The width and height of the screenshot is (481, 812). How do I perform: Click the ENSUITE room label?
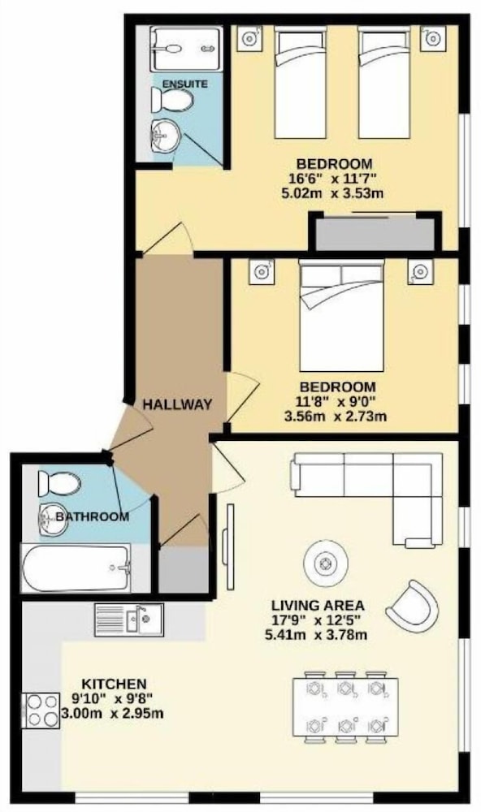point(185,84)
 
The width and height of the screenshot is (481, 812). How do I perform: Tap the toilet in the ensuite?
point(172,99)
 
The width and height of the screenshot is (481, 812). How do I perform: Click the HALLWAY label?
point(178,404)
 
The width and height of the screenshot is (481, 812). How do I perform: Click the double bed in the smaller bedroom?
point(342,316)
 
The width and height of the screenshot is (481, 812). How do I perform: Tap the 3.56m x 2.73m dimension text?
point(336,416)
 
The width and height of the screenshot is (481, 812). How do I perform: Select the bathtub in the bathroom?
point(76,568)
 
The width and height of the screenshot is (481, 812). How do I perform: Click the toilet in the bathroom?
point(59,484)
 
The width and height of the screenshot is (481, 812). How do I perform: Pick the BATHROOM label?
point(93,516)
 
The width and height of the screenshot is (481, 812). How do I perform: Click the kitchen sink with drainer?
point(128,620)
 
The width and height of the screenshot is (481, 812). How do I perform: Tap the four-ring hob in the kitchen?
point(41,710)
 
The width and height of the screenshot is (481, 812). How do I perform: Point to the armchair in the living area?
point(413,605)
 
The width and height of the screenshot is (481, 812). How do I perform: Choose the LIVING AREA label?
point(318,605)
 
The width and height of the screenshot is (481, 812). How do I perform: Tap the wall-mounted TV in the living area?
point(228,546)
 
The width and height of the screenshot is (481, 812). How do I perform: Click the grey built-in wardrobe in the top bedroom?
point(375,234)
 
